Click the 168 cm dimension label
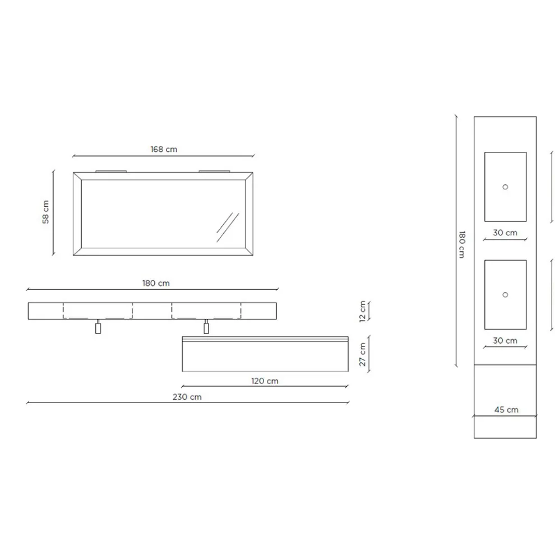[x=164, y=149]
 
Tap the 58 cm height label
[x=45, y=212]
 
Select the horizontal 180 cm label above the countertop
[x=156, y=283]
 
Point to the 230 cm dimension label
[x=187, y=397]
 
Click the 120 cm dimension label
[x=265, y=381]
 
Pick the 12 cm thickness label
[x=363, y=311]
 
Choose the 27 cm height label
[x=363, y=354]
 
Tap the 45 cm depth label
[x=506, y=410]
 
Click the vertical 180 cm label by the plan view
[x=462, y=244]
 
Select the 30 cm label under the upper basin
[x=505, y=233]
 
